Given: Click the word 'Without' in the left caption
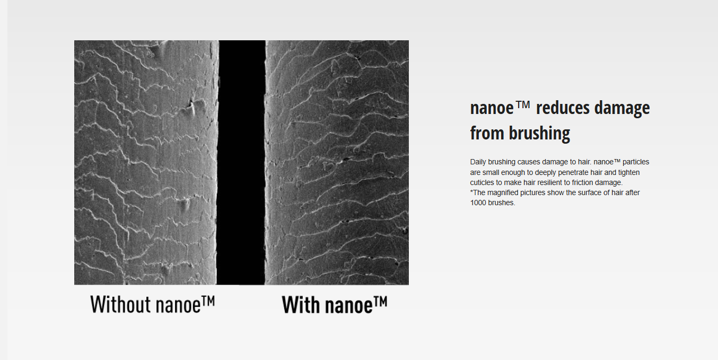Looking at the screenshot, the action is click(120, 304).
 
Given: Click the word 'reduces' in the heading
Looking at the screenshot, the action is click(563, 108).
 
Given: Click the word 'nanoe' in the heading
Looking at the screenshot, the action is click(492, 108).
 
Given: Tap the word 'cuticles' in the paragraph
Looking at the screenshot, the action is click(482, 182).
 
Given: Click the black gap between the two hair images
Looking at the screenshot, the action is click(242, 162).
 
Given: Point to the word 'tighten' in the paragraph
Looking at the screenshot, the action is click(629, 173).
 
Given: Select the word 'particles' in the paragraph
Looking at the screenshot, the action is click(636, 162).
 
